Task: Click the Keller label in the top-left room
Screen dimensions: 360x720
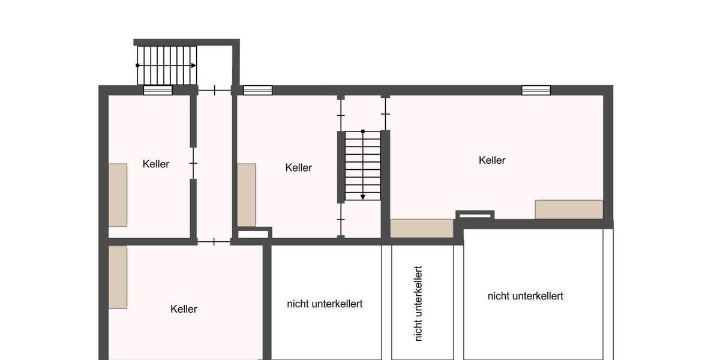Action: pyautogui.click(x=156, y=164)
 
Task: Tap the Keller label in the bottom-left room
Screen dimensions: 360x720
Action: pyautogui.click(x=184, y=309)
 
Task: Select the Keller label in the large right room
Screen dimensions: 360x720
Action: pyautogui.click(x=492, y=160)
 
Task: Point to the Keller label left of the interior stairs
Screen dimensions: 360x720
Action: pyautogui.click(x=299, y=167)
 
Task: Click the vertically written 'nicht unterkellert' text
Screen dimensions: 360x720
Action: pyautogui.click(x=418, y=304)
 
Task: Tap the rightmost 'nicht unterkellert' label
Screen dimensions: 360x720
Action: pyautogui.click(x=525, y=296)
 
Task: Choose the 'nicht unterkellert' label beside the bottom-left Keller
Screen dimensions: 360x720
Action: pyautogui.click(x=325, y=304)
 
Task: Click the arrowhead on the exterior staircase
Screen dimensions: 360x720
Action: pyautogui.click(x=193, y=65)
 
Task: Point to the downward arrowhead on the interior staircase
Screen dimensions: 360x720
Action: pyautogui.click(x=363, y=197)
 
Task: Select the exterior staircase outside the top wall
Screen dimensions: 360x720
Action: pyautogui.click(x=166, y=65)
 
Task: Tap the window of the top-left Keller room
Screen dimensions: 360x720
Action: pyautogui.click(x=158, y=91)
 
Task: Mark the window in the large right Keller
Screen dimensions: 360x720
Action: pyautogui.click(x=536, y=91)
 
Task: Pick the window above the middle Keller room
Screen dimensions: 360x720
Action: pyautogui.click(x=257, y=91)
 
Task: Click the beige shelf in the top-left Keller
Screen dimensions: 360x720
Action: pyautogui.click(x=118, y=195)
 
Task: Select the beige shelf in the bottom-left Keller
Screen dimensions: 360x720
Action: pyautogui.click(x=118, y=277)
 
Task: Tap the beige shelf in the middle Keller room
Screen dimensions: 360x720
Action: pyautogui.click(x=247, y=195)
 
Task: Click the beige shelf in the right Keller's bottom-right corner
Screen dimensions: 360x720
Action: pyautogui.click(x=569, y=209)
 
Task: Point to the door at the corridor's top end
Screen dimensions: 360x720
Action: pyautogui.click(x=215, y=91)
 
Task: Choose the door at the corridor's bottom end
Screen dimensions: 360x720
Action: pyautogui.click(x=215, y=242)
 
